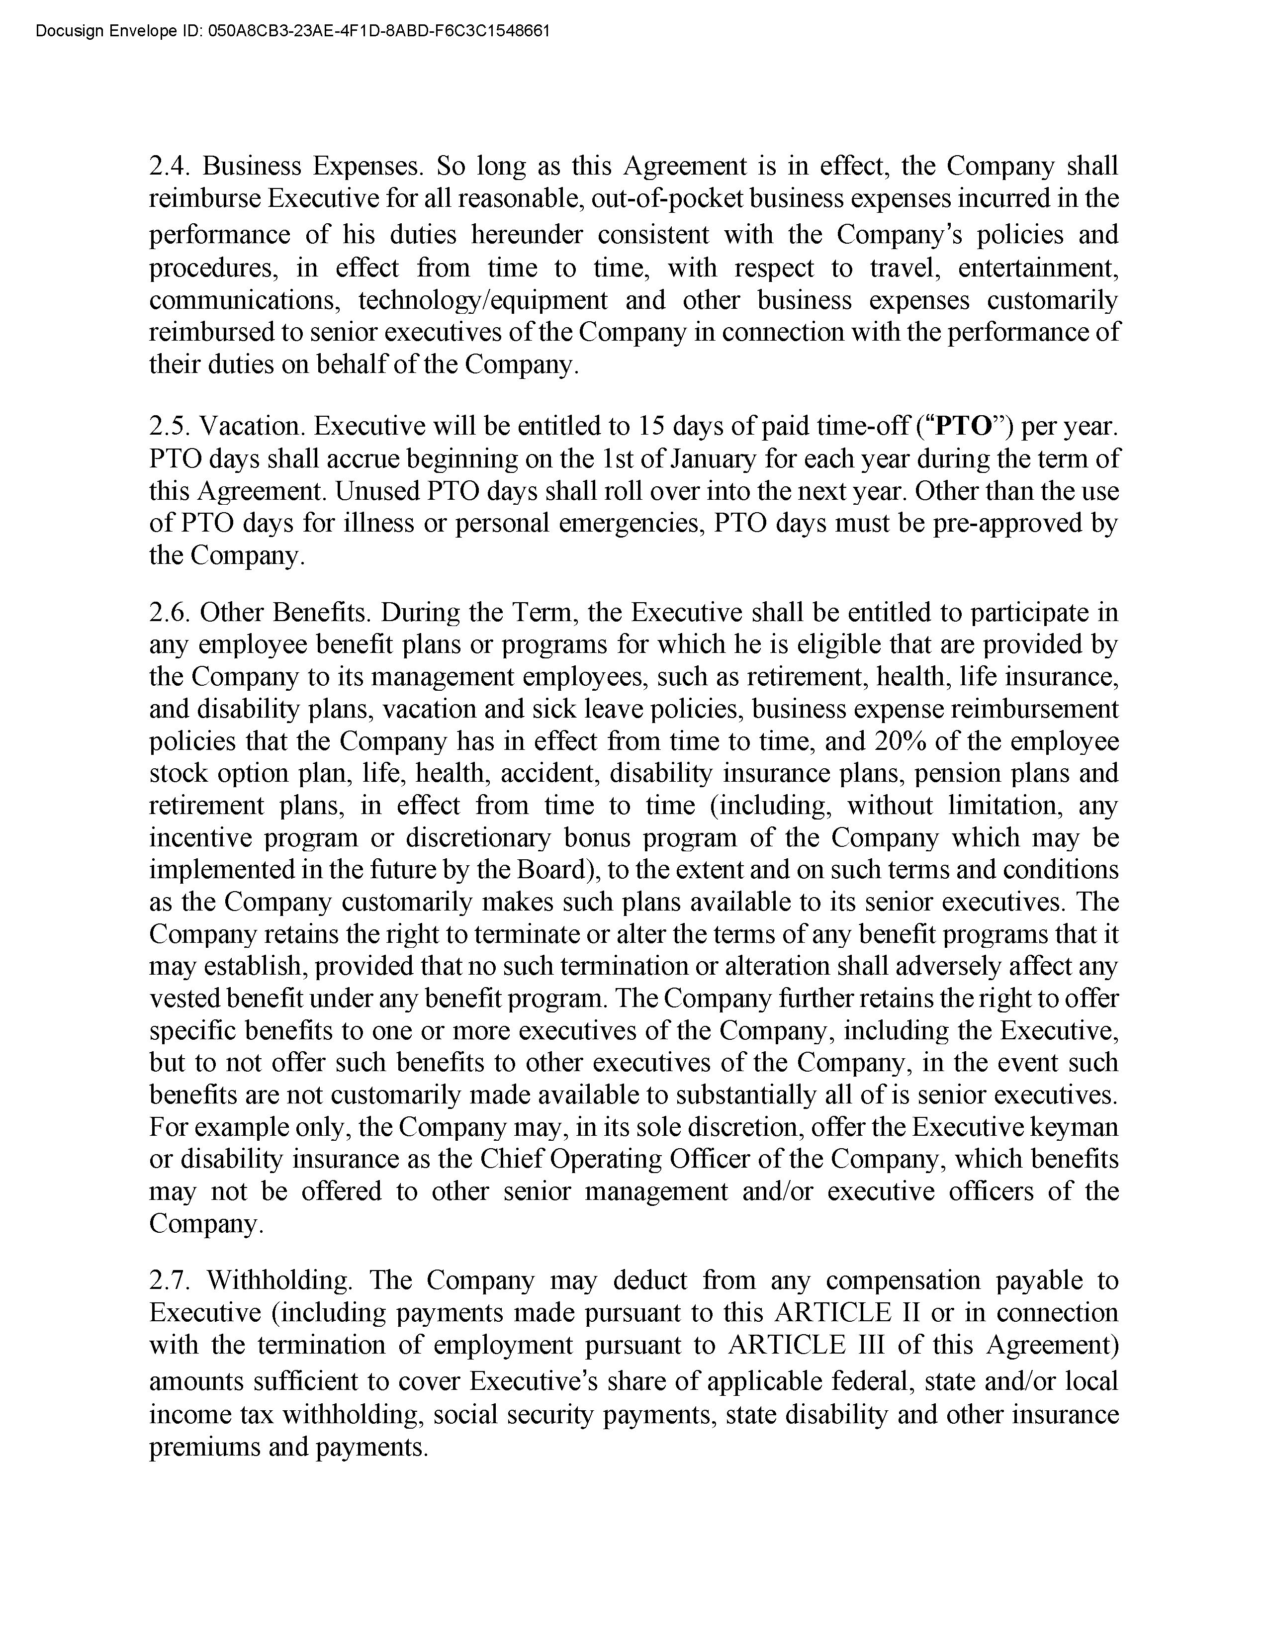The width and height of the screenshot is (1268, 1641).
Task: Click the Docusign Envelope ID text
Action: click(293, 31)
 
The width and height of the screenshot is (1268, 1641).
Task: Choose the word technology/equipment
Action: click(482, 300)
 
